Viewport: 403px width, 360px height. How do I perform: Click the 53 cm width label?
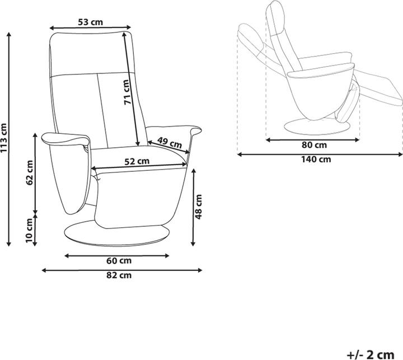click(x=90, y=22)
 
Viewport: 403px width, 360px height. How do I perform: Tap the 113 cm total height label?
click(x=4, y=138)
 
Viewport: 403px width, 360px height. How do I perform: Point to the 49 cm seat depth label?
click(x=170, y=142)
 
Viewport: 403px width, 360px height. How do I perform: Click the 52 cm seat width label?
click(x=137, y=161)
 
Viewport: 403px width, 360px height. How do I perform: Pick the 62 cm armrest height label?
click(x=30, y=172)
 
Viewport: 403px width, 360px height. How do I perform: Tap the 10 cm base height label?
click(x=29, y=231)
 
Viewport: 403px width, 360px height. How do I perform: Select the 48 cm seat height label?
click(x=199, y=207)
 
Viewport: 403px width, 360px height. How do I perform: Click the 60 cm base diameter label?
click(x=119, y=261)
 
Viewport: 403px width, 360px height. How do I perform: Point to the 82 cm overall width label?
click(x=119, y=275)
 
